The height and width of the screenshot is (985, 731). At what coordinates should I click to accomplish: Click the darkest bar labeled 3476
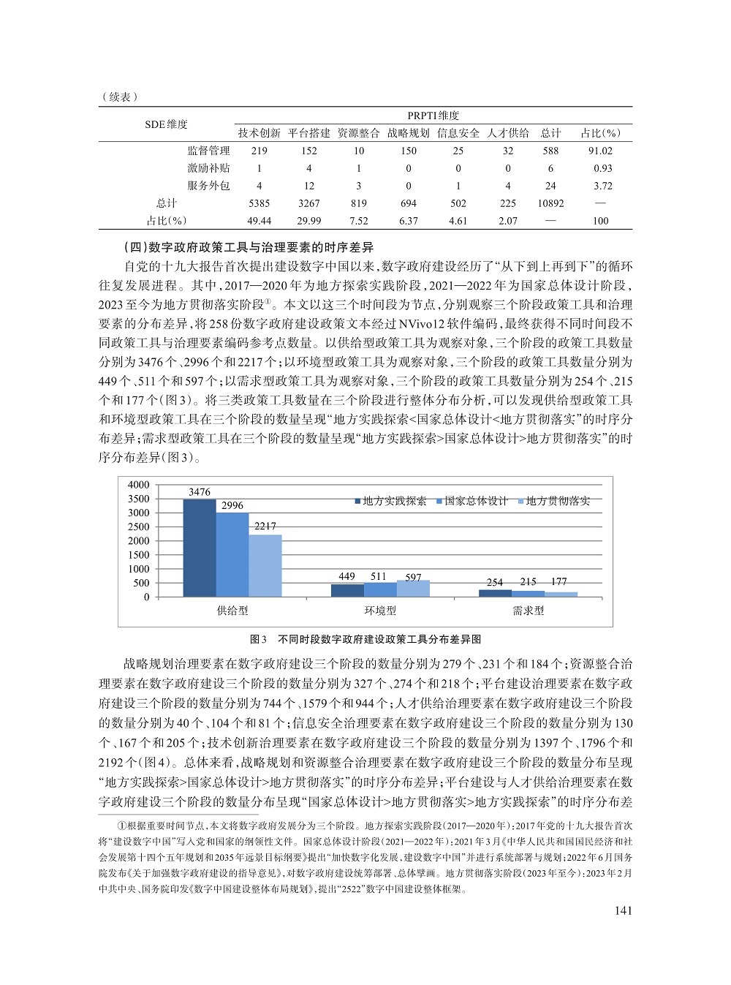[x=199, y=548]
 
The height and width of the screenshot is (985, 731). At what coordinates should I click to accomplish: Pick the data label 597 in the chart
[x=413, y=578]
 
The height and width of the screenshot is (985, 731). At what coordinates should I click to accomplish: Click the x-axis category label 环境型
[x=380, y=611]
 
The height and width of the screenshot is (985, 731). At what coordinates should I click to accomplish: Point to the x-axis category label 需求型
[x=528, y=611]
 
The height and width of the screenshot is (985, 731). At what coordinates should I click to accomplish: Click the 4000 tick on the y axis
[x=138, y=485]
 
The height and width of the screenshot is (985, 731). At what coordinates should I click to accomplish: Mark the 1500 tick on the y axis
[x=138, y=555]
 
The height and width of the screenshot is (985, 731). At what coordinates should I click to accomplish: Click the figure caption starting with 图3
[x=365, y=638]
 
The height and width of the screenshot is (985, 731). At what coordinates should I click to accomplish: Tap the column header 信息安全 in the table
[x=458, y=132]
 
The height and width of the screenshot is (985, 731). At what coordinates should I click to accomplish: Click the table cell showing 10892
[x=550, y=203]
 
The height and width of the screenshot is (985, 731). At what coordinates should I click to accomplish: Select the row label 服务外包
[x=208, y=186]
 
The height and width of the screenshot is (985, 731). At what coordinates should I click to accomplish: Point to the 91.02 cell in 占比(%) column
[x=600, y=151]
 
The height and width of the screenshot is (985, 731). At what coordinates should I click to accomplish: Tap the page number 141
[x=623, y=910]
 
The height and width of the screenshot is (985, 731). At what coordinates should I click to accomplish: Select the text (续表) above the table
[x=118, y=97]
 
